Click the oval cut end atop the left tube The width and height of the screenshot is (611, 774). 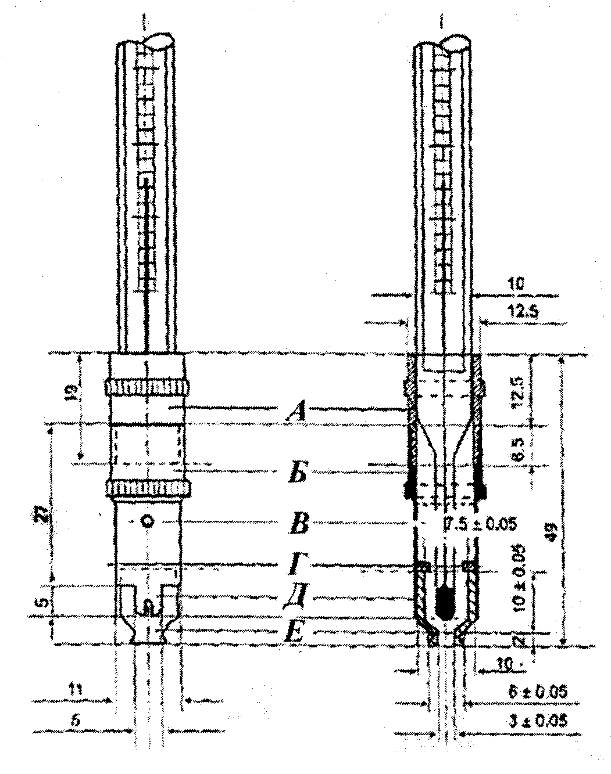click(x=158, y=41)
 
